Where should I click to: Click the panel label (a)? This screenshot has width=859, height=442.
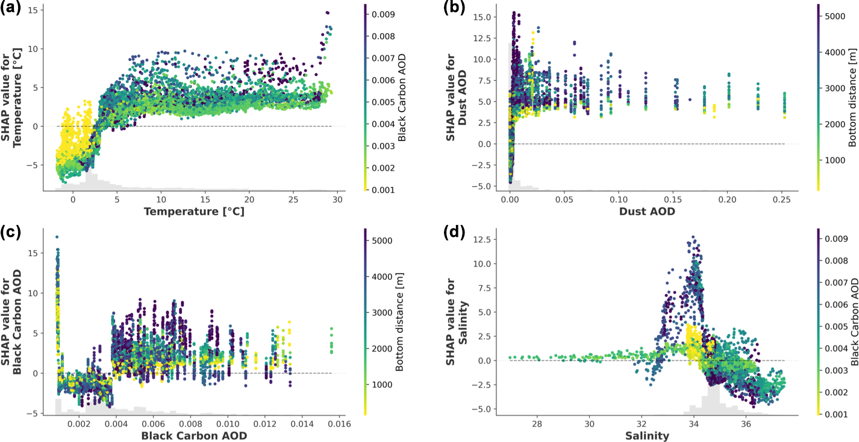[x=11, y=8]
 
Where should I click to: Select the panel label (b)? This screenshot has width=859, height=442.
[x=452, y=8]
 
